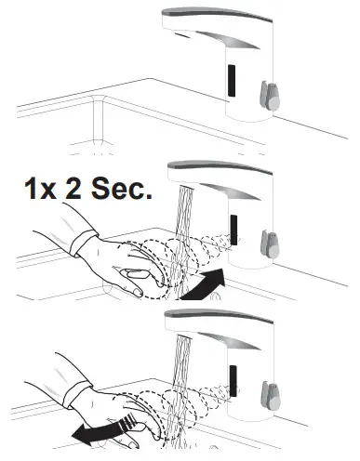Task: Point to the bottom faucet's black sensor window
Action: [236, 376]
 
